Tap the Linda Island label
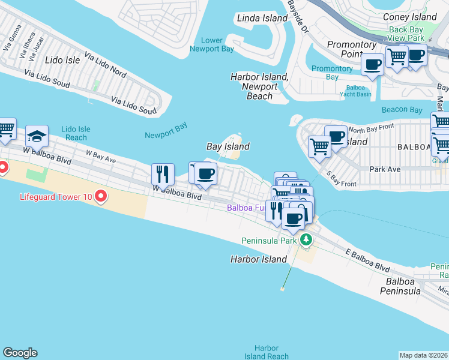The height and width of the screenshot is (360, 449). [x=262, y=19]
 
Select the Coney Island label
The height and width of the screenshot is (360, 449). [x=410, y=17]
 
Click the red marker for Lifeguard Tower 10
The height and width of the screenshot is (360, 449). [x=101, y=196]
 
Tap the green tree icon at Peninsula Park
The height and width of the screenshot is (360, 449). [x=306, y=240]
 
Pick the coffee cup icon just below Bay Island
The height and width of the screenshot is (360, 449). [x=205, y=173]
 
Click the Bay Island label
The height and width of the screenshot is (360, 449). [x=228, y=146]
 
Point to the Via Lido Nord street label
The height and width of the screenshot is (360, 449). [x=106, y=66]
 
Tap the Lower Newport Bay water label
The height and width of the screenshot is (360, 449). [x=212, y=44]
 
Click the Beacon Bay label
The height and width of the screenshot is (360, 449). [x=402, y=110]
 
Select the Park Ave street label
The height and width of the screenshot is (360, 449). [x=385, y=169]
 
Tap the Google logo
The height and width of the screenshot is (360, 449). [x=20, y=353]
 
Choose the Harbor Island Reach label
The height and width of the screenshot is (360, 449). [x=266, y=352]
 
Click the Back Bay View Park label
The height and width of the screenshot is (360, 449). [x=406, y=34]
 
